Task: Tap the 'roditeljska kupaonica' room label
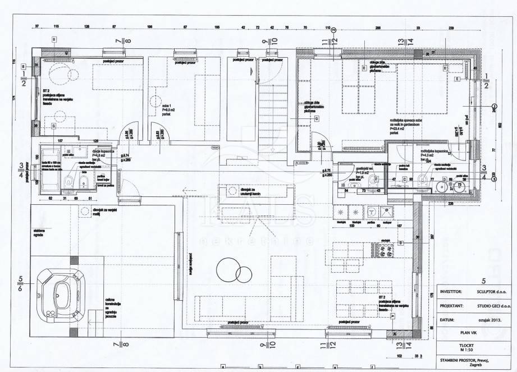432,153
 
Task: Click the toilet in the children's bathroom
68,180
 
